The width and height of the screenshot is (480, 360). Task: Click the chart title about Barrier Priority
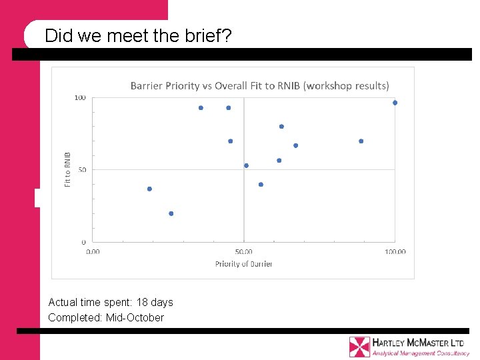[x=259, y=85]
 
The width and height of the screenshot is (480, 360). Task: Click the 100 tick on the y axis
[x=80, y=98]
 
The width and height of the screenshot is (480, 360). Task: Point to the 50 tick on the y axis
[x=82, y=170]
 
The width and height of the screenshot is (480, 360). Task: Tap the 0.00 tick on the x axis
[x=93, y=251]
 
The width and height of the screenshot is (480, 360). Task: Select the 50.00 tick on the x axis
[x=244, y=251]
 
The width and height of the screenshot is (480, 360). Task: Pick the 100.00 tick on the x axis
[x=395, y=251]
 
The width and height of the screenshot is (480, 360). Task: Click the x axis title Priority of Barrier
[x=243, y=264]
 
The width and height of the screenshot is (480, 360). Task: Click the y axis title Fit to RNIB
[x=67, y=169]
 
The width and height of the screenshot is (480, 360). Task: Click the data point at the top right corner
[x=395, y=103]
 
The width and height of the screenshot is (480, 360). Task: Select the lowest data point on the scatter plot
[x=171, y=213]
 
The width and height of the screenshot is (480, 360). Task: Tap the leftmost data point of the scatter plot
[x=149, y=189]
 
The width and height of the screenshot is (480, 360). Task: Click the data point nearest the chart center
[x=246, y=165]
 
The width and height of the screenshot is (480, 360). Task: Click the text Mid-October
[x=135, y=317]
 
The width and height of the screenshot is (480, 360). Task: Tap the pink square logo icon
[x=359, y=347]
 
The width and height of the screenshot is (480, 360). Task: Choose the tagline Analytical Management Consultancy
[x=420, y=353]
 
